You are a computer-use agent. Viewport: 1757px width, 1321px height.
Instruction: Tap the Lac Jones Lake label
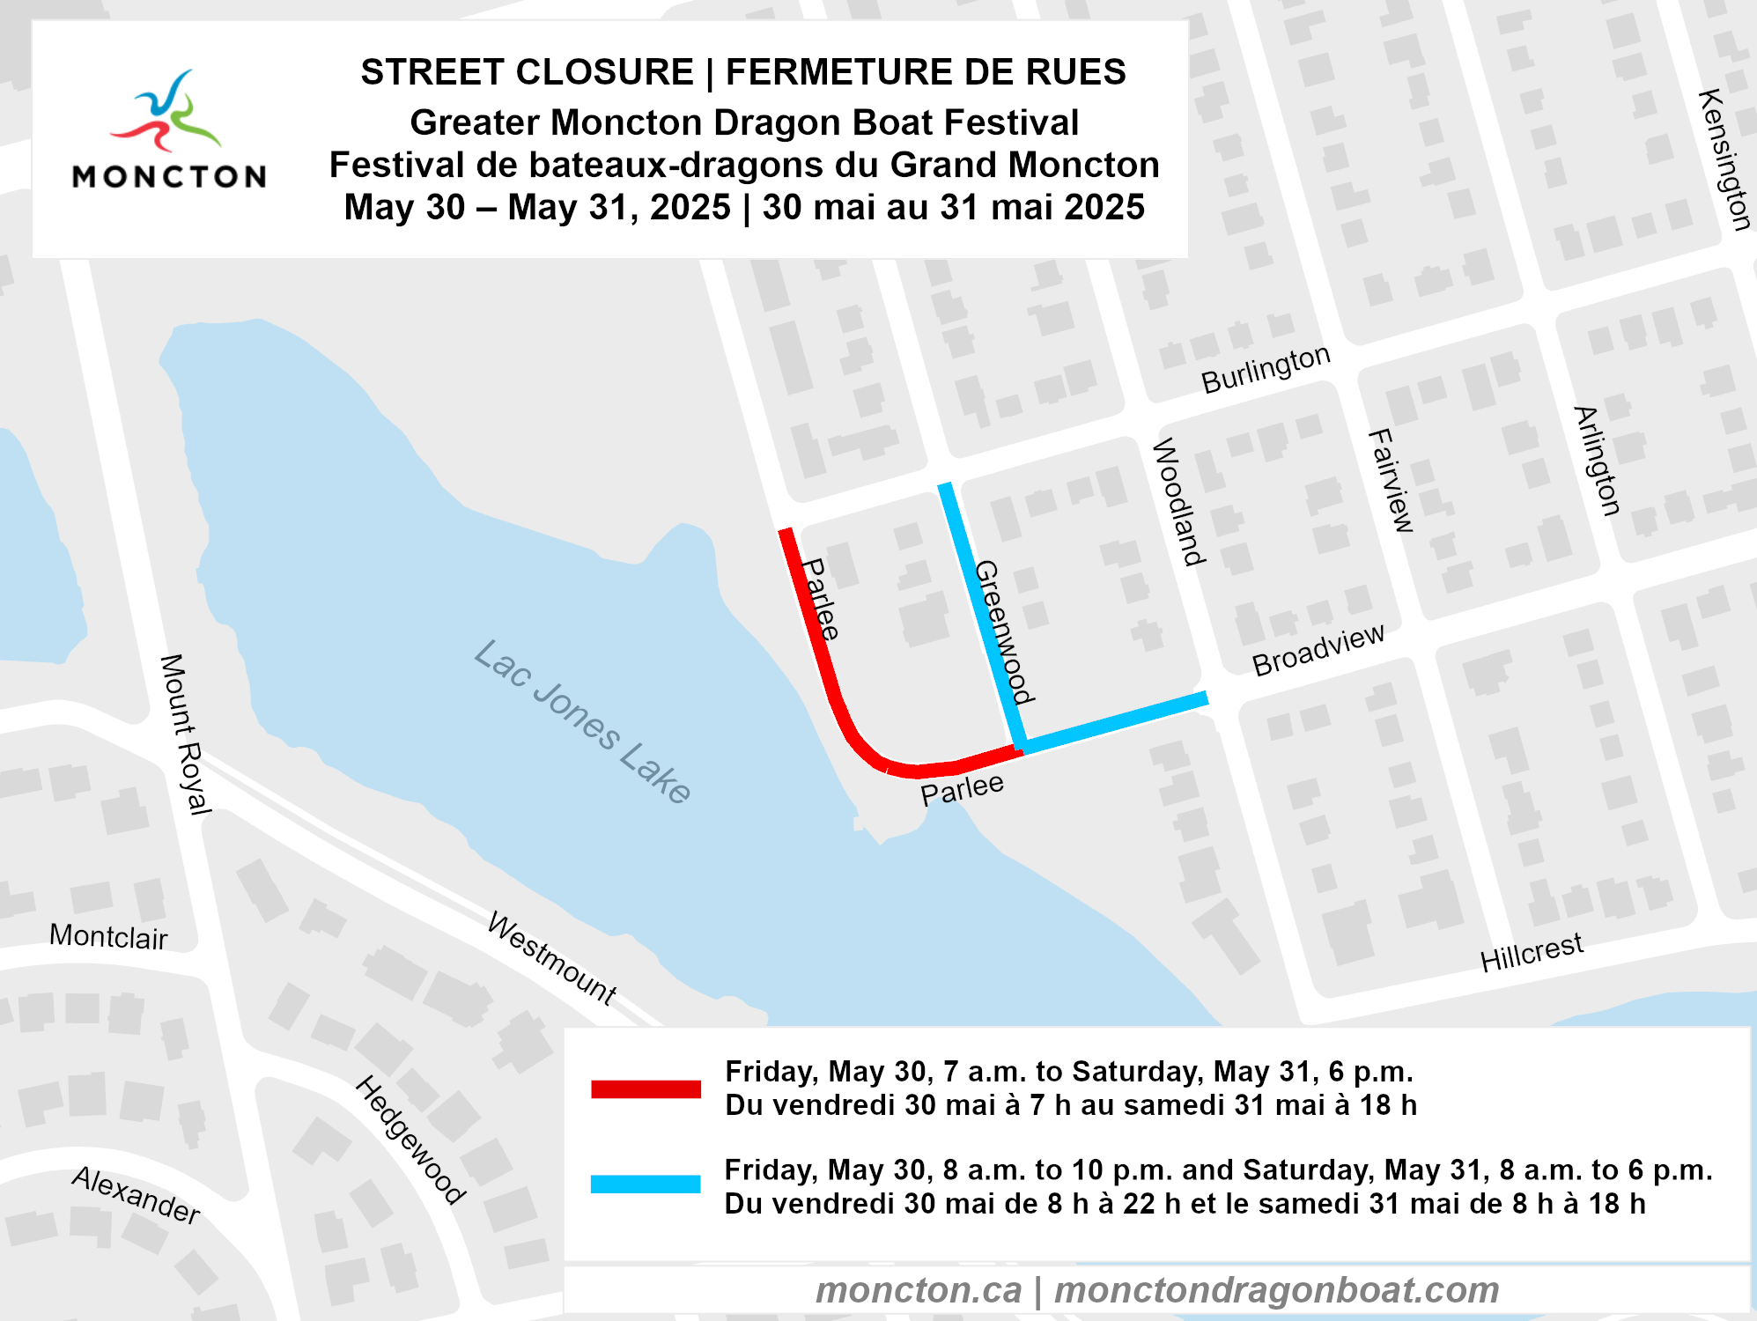(582, 721)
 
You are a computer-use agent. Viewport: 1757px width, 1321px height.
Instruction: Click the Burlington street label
(1266, 369)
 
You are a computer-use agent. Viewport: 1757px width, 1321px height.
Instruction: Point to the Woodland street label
(1178, 502)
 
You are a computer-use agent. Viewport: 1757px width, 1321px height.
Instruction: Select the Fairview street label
(1392, 481)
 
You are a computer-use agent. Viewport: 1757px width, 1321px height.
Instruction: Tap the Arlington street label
(1597, 461)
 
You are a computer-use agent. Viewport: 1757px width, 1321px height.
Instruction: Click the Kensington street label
(1724, 159)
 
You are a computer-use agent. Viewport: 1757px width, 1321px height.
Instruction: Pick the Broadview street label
(1318, 651)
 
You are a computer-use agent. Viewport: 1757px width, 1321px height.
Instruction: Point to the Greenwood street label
(1003, 632)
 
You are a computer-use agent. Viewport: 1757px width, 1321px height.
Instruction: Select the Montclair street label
(108, 936)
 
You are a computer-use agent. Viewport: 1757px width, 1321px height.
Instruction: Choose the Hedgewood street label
(410, 1139)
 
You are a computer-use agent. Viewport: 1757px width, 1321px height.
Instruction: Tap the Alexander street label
(137, 1195)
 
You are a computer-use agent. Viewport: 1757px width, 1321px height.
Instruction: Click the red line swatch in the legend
(646, 1089)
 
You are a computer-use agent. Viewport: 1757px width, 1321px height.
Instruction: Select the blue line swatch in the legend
(646, 1184)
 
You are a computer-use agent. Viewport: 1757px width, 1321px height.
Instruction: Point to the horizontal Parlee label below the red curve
(962, 788)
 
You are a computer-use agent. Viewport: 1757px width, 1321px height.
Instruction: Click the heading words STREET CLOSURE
(527, 72)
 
